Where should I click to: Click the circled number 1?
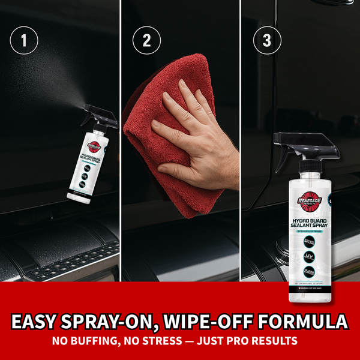coord(25,41)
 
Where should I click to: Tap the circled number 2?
coord(145,41)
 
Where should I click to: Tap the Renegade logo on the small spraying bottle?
coord(98,144)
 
